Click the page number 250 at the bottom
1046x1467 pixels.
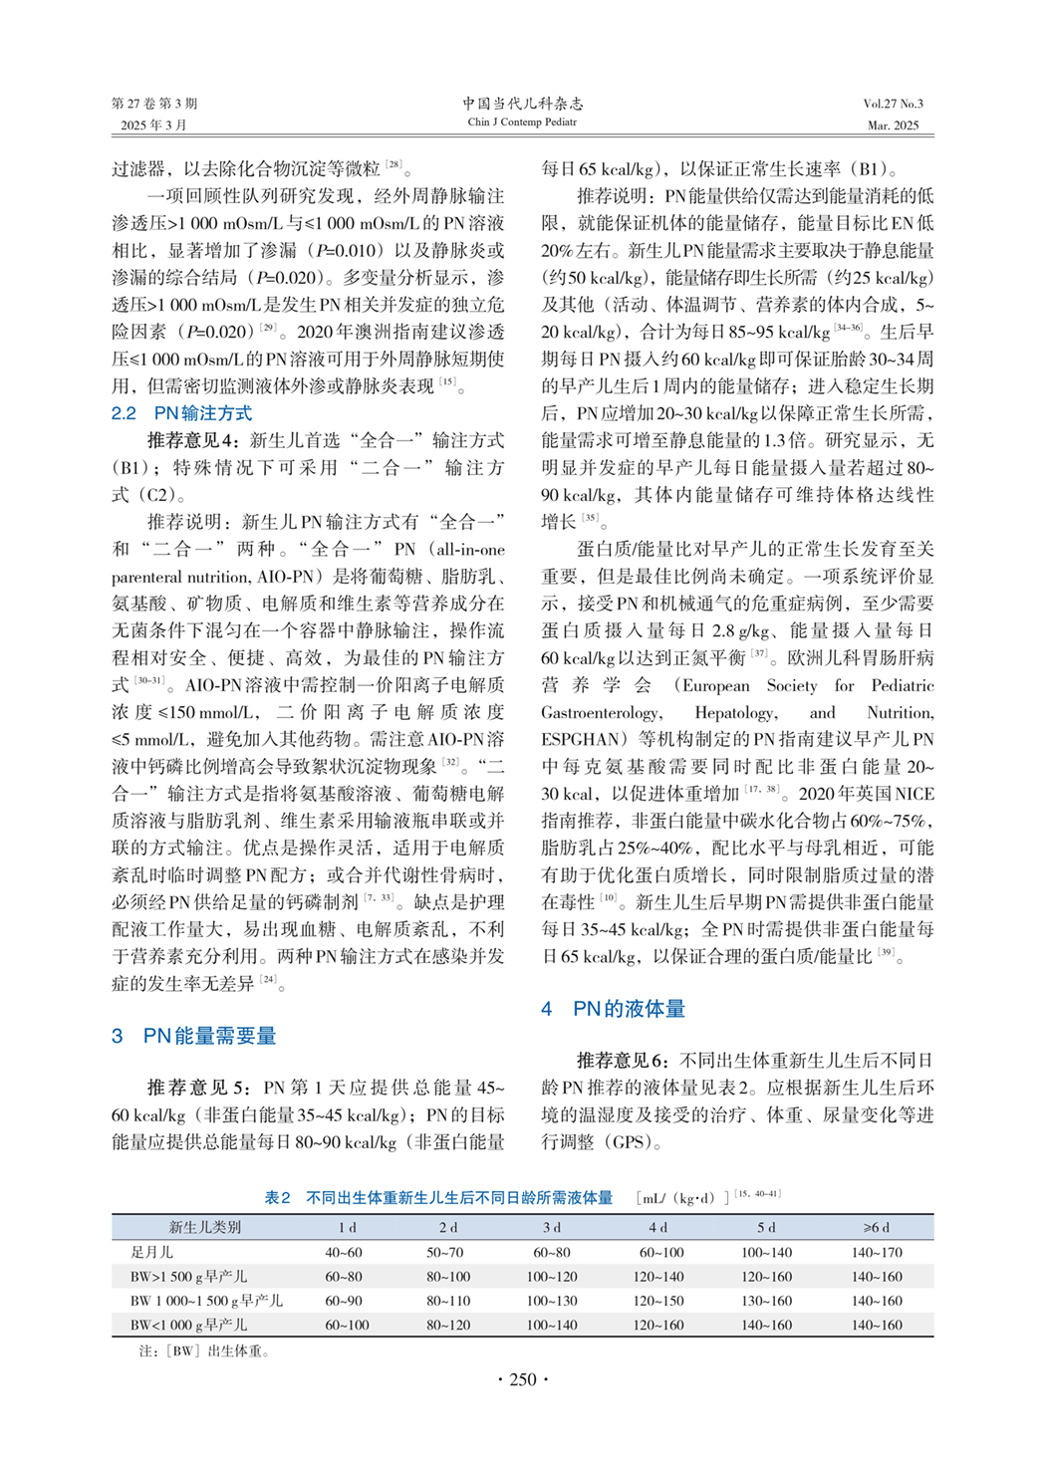pos(523,1379)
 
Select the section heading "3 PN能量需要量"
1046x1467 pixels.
pos(194,1036)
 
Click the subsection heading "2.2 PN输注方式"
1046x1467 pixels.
pos(181,413)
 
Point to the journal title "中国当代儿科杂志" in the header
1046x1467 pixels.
pos(522,104)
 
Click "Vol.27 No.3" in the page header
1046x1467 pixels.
pos(893,104)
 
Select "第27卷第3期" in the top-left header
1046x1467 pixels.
pos(154,104)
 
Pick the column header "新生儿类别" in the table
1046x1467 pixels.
pos(204,1227)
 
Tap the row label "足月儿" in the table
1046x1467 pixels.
pos(151,1252)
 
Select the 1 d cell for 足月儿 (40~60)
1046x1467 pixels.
pos(344,1252)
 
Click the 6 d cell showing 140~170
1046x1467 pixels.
pos(877,1252)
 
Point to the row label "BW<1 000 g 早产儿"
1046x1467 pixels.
pos(188,1325)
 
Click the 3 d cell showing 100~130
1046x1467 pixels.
pos(552,1301)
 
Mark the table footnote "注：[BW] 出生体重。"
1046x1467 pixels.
pos(203,1351)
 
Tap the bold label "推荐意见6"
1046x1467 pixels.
pos(621,1061)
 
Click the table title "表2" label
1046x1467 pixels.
pos(277,1198)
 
